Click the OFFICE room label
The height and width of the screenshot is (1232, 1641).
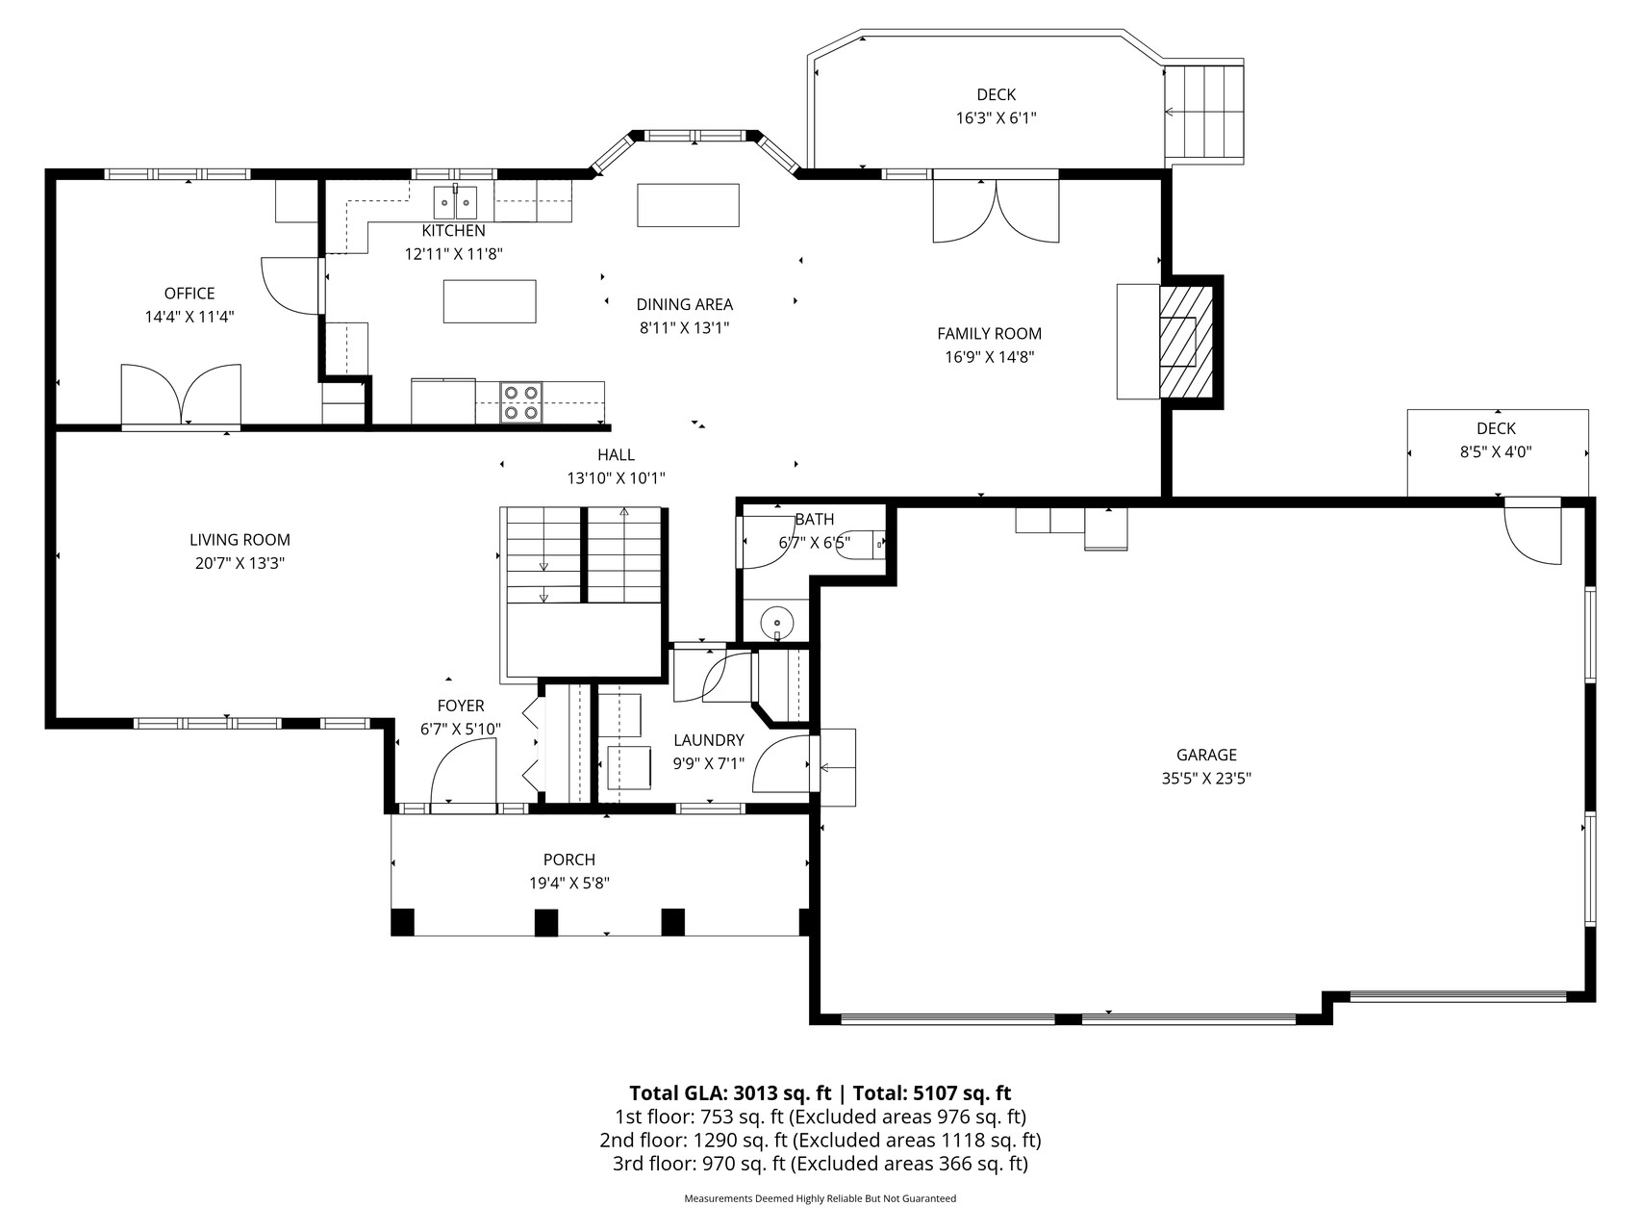pos(189,294)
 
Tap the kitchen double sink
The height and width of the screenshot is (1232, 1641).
pos(455,202)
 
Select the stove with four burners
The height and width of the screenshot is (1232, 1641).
pos(520,402)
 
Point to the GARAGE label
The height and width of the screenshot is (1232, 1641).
pos(1206,756)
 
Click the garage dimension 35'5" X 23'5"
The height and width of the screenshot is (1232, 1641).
pos(1206,779)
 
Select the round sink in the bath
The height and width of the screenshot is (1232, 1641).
pos(776,623)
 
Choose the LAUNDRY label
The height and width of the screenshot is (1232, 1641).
pos(709,740)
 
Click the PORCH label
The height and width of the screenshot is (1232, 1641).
pos(569,860)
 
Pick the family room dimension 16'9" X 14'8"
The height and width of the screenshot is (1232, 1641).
pos(990,357)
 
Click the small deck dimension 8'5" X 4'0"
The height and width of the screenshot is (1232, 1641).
pos(1496,451)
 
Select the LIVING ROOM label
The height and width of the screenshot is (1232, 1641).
pos(240,540)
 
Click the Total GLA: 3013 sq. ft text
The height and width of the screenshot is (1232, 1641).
pos(730,1093)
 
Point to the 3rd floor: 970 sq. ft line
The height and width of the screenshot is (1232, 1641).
pos(820,1164)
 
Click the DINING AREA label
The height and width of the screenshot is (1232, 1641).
pos(685,304)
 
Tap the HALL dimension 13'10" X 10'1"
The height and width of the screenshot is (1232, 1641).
pos(617,477)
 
